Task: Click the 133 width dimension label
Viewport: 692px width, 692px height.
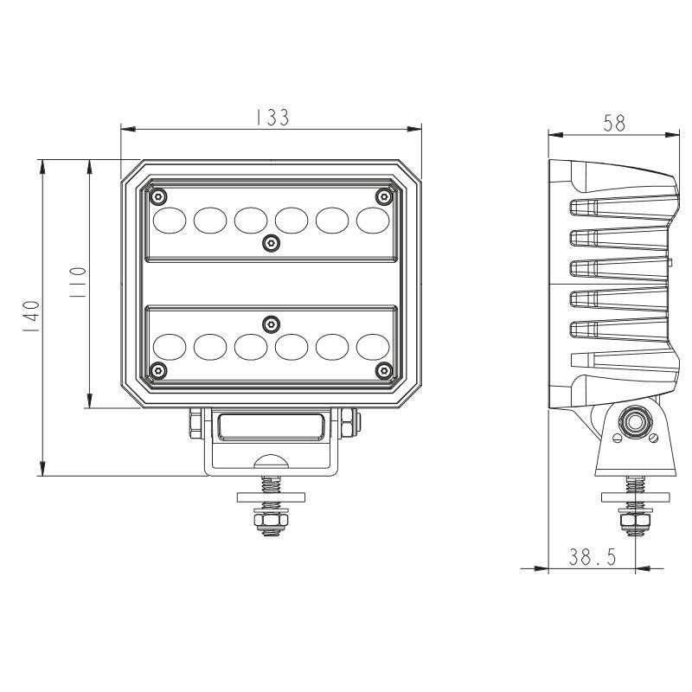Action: tap(273, 117)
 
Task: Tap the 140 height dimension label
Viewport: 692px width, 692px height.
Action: tap(32, 317)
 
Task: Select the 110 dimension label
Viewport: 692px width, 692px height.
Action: tap(78, 282)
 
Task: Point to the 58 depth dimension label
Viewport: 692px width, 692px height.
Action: tap(614, 123)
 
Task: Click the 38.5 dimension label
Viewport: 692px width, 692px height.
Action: tap(592, 557)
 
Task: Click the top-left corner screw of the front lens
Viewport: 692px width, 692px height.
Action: tap(158, 196)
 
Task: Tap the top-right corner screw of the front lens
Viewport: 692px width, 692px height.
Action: tap(383, 196)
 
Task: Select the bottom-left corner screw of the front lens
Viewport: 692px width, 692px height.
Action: tap(158, 370)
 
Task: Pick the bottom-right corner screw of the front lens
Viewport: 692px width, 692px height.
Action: tap(383, 370)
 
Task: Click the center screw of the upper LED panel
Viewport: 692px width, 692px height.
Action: tap(271, 243)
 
